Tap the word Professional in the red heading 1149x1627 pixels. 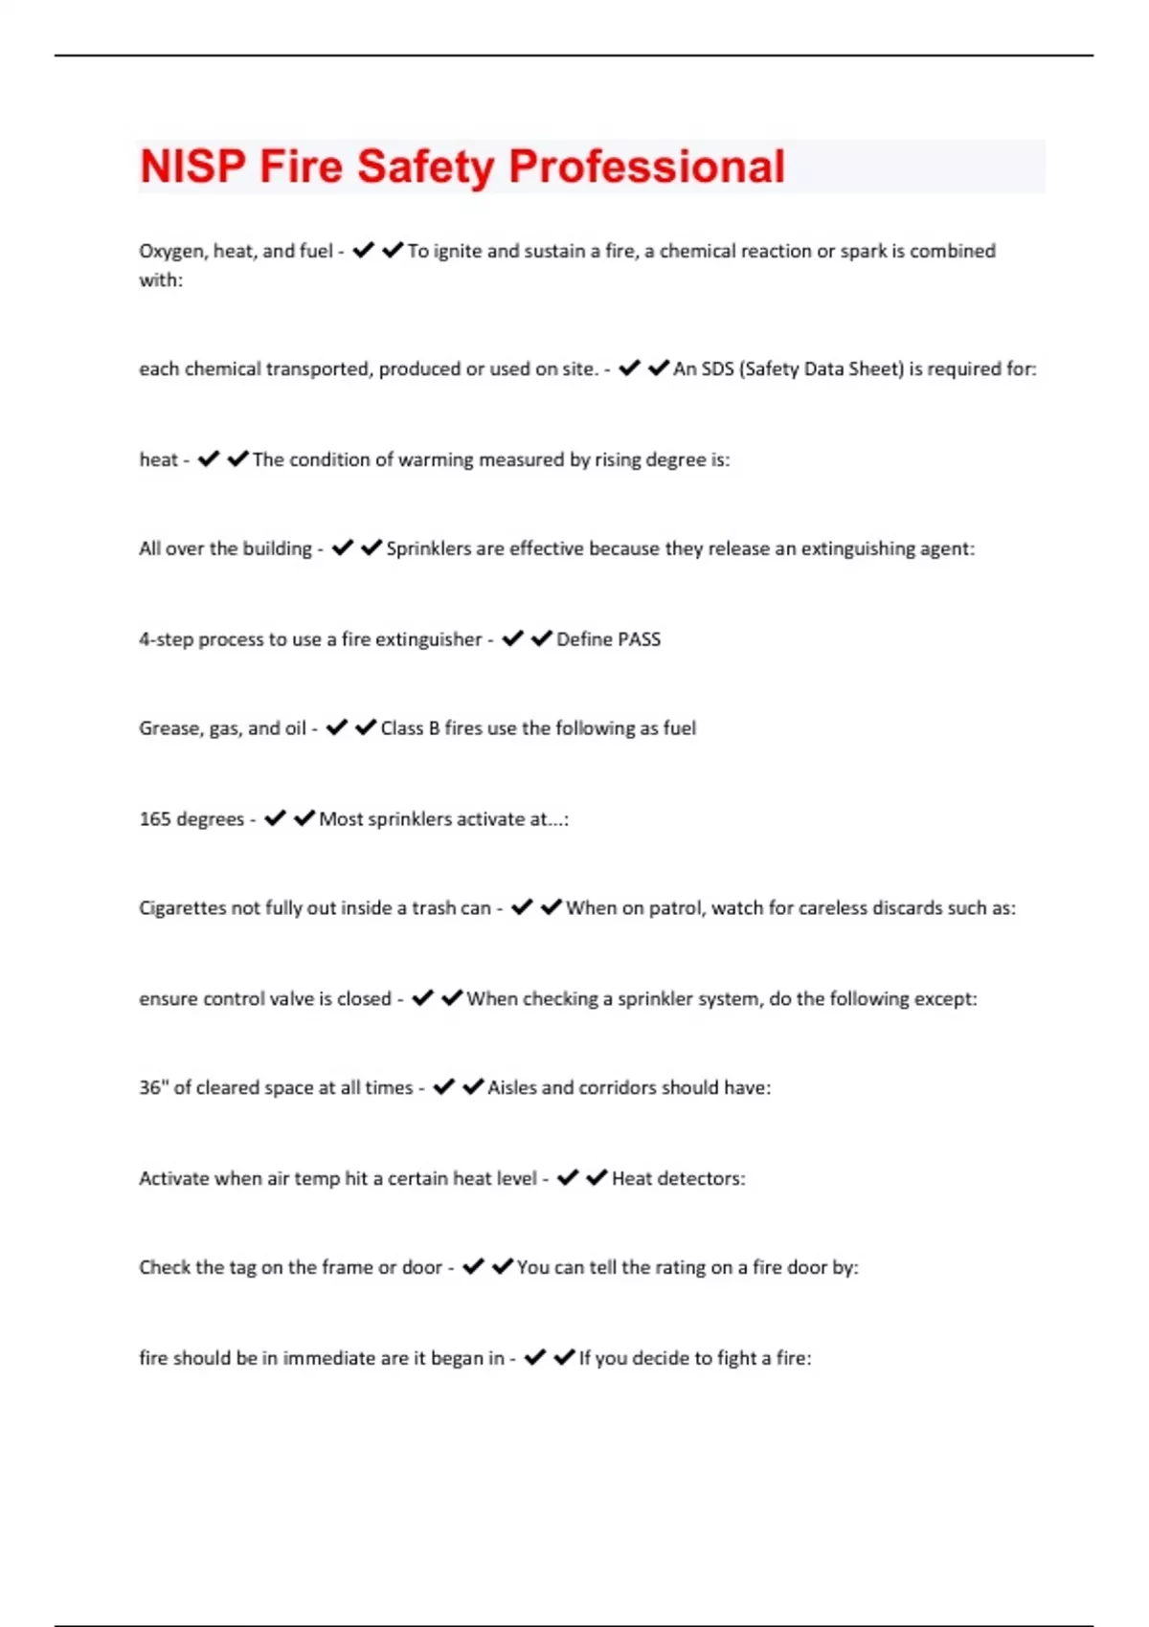(646, 167)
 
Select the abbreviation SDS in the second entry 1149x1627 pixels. (717, 368)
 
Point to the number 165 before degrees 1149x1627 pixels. (154, 819)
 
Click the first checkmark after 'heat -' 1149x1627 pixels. (208, 459)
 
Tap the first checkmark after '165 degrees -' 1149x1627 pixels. (275, 818)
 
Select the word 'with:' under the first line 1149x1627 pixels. (161, 280)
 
